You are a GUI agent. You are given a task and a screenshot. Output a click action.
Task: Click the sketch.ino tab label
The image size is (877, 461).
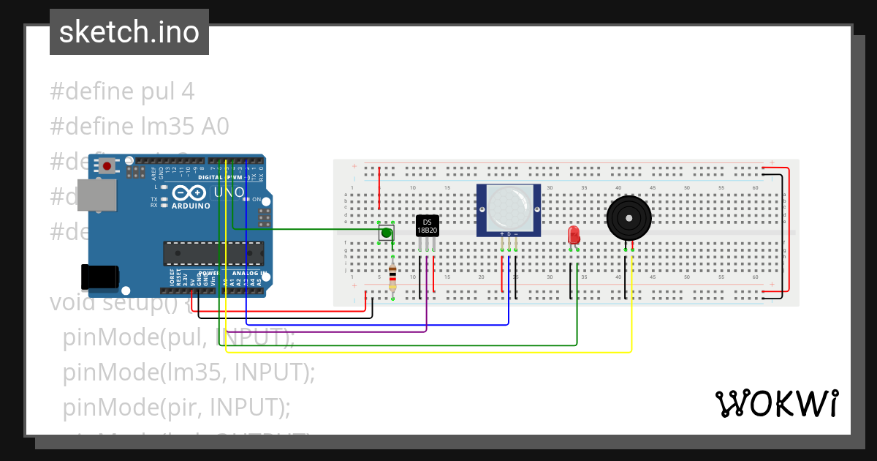pyautogui.click(x=129, y=32)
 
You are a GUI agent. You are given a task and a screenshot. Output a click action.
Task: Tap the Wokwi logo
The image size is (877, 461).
pyautogui.click(x=776, y=403)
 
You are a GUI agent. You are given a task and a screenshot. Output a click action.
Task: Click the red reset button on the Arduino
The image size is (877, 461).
pyautogui.click(x=107, y=166)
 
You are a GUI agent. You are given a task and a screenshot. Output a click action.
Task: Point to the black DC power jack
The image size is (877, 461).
pyautogui.click(x=99, y=277)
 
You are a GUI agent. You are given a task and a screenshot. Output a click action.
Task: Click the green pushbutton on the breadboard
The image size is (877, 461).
pyautogui.click(x=386, y=233)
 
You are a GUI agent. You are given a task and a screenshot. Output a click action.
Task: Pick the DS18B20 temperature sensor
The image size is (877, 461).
pyautogui.click(x=427, y=226)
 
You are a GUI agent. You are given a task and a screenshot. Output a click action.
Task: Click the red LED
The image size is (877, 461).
pyautogui.click(x=574, y=235)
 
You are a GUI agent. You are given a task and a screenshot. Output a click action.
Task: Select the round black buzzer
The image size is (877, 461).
pyautogui.click(x=629, y=217)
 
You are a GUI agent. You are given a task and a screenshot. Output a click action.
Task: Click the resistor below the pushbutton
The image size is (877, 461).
pyautogui.click(x=393, y=277)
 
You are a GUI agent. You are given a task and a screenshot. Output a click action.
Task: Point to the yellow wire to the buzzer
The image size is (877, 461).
pyautogui.click(x=438, y=353)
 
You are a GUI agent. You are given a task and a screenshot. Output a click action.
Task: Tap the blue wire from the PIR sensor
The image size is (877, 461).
pyautogui.click(x=365, y=324)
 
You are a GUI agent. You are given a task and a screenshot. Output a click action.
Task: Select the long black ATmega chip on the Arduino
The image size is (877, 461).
pyautogui.click(x=213, y=253)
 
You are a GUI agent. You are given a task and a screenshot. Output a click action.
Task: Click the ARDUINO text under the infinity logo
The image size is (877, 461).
pyautogui.click(x=191, y=206)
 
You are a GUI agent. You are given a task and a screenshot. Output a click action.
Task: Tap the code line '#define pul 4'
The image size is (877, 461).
pyautogui.click(x=122, y=91)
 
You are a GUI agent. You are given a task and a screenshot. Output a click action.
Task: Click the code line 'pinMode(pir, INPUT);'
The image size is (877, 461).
pyautogui.click(x=176, y=406)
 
